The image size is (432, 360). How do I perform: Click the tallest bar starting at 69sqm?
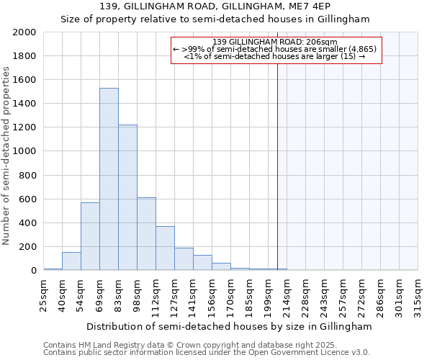(109, 179)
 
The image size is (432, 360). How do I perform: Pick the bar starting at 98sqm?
(146, 234)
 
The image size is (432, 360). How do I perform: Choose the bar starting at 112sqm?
(165, 248)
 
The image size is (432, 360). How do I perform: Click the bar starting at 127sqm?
(184, 259)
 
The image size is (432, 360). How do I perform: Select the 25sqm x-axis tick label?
(44, 292)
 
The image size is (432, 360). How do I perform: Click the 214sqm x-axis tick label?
(287, 292)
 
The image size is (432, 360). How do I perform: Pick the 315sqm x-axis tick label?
(418, 292)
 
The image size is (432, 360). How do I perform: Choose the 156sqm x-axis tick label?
(212, 292)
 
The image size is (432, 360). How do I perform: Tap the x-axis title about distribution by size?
(230, 326)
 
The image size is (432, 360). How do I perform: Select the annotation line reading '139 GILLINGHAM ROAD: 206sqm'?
(276, 42)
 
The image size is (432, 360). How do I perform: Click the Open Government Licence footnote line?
(207, 353)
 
